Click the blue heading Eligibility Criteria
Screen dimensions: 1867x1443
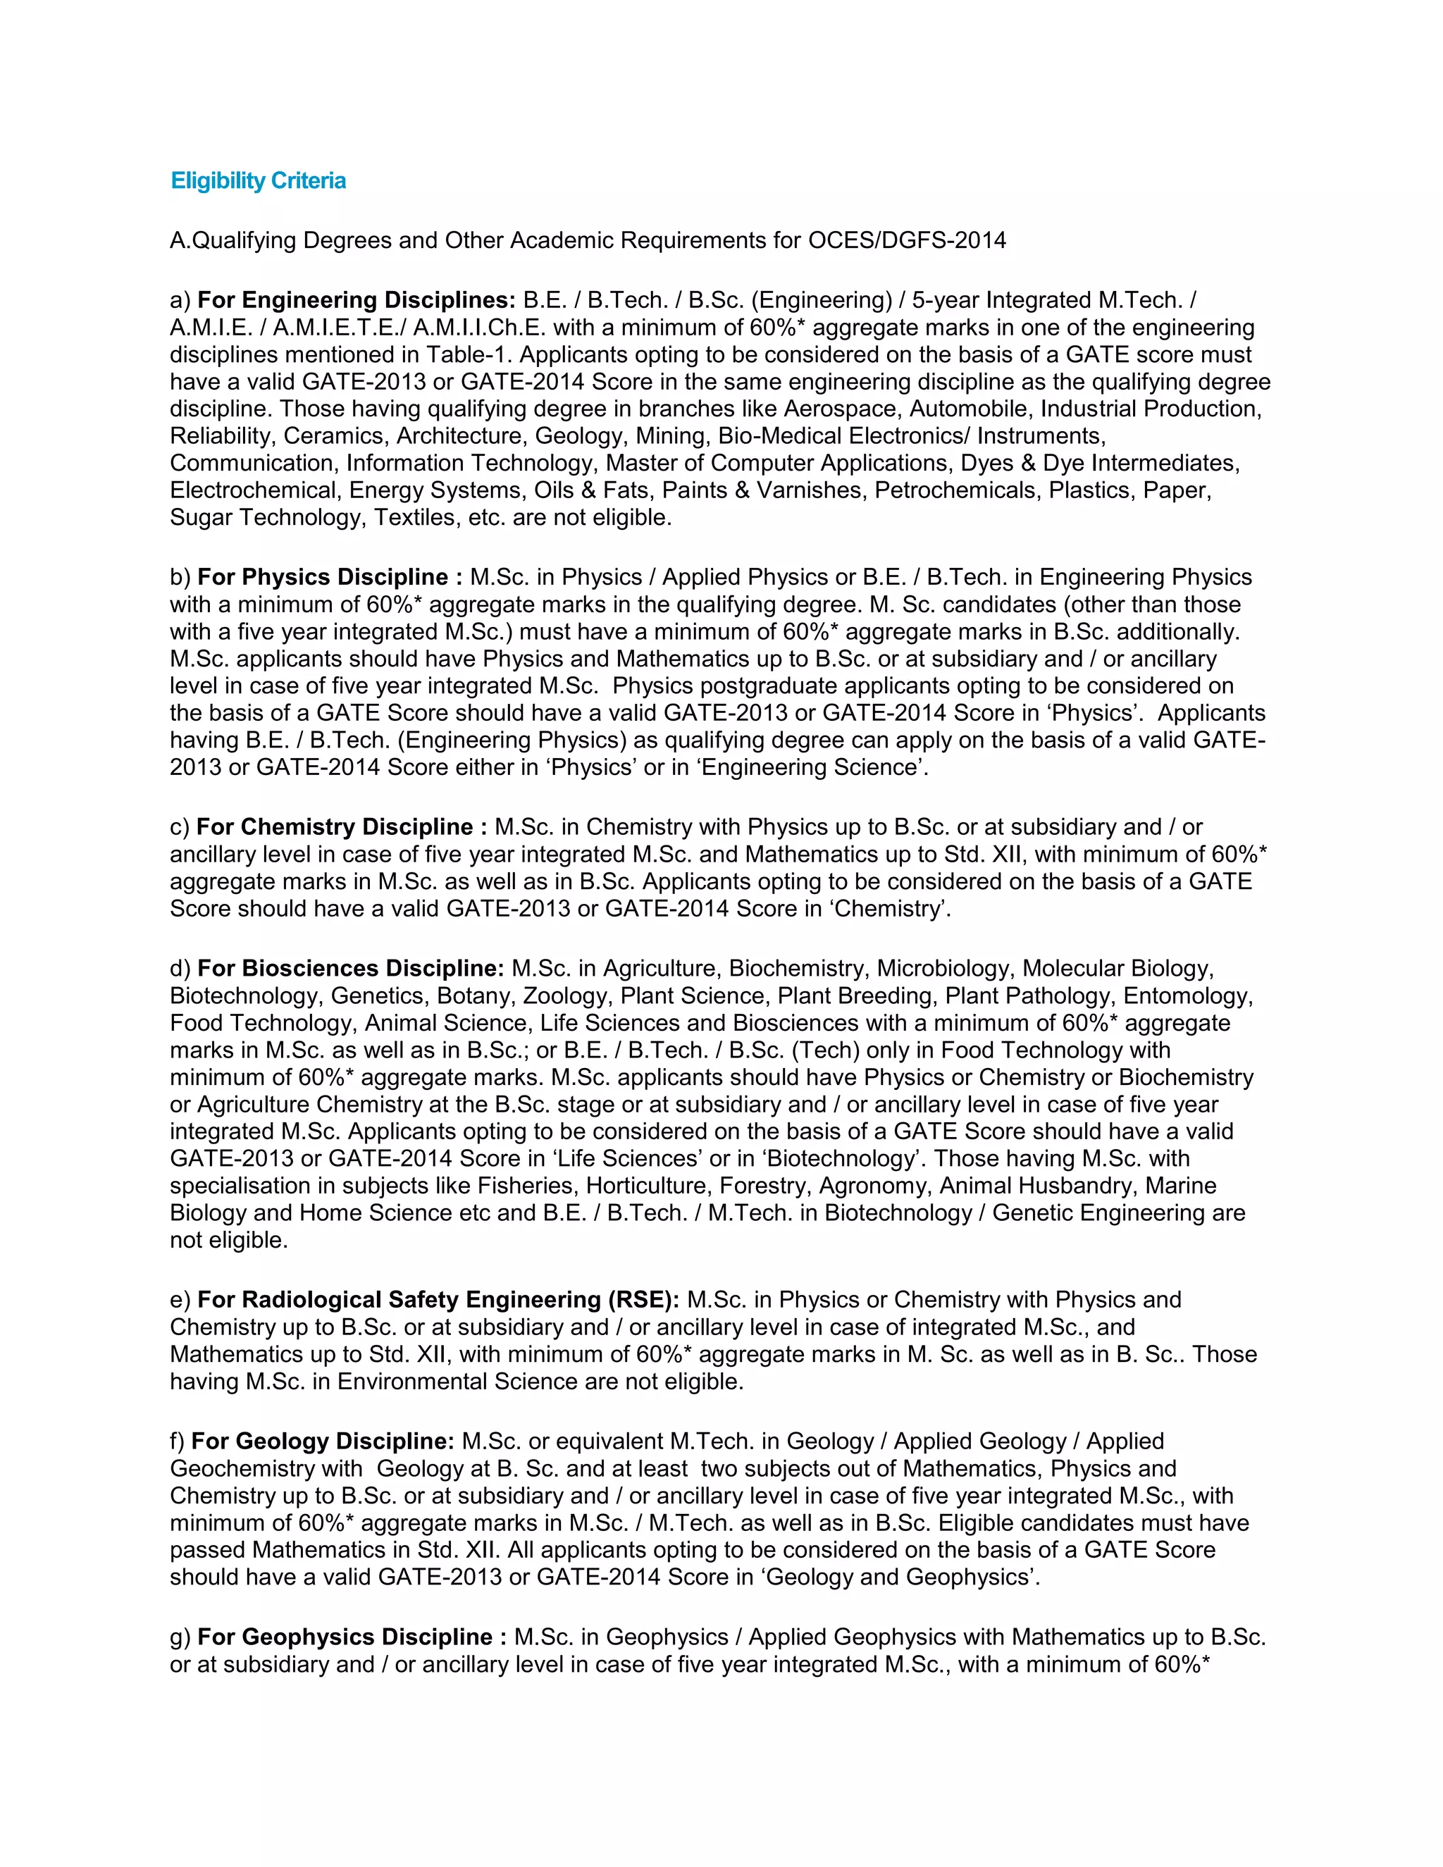(x=258, y=181)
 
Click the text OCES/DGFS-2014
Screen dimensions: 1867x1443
(x=906, y=240)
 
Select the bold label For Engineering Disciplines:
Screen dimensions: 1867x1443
(x=357, y=300)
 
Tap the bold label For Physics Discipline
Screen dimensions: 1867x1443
(x=323, y=577)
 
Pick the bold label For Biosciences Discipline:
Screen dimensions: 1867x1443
(x=350, y=969)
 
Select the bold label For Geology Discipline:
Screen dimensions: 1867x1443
(x=322, y=1441)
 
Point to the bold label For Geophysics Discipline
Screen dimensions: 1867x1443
(x=345, y=1637)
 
